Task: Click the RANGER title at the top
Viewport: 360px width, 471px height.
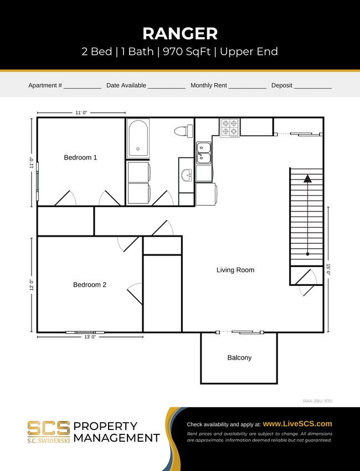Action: click(x=180, y=33)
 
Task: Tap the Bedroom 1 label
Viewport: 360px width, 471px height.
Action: click(x=80, y=157)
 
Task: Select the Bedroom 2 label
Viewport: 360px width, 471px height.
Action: click(x=90, y=285)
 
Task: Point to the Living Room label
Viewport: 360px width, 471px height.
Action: click(x=235, y=270)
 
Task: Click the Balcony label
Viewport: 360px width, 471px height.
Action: click(x=239, y=357)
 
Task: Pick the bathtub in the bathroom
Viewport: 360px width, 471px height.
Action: click(x=137, y=139)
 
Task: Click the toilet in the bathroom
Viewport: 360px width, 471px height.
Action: click(x=183, y=131)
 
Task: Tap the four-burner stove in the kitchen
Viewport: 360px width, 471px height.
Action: click(x=229, y=127)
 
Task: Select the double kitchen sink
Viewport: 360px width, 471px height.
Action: click(x=204, y=152)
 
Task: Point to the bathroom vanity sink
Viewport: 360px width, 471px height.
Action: click(x=187, y=176)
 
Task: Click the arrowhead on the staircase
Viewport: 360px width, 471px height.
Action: click(x=307, y=178)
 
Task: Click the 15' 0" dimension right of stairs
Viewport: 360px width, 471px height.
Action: click(x=328, y=270)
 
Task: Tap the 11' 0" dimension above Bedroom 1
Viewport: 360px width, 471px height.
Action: click(x=81, y=112)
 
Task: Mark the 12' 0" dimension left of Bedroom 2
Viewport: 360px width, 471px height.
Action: click(x=32, y=285)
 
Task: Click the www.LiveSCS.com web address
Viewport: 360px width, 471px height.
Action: click(x=297, y=423)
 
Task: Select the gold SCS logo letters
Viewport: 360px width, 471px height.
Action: click(x=49, y=427)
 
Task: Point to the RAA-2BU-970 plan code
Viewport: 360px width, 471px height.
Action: click(x=317, y=401)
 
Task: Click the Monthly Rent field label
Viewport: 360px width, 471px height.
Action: click(x=209, y=86)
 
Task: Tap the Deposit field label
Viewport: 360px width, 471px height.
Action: click(x=282, y=86)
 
